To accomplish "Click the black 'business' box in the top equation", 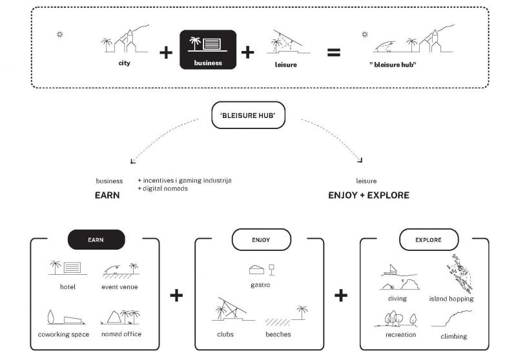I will [x=208, y=50].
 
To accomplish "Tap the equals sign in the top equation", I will [x=333, y=52].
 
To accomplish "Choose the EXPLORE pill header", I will [x=429, y=240].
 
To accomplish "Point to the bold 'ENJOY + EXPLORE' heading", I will [x=369, y=195].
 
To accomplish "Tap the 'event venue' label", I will [x=119, y=287].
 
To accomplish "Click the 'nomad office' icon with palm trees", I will [x=121, y=316].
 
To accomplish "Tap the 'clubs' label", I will [x=225, y=334].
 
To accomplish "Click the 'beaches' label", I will [x=278, y=334].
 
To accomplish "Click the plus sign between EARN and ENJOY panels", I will [x=176, y=295].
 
